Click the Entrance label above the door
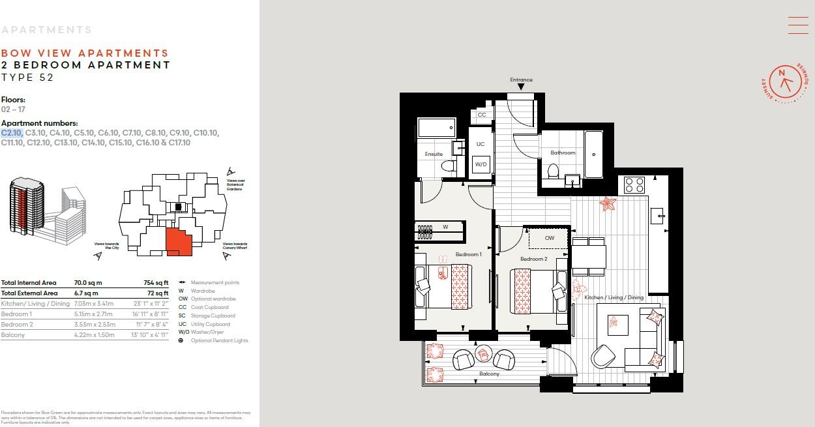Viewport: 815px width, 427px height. coord(521,80)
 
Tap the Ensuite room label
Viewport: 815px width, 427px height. coord(434,154)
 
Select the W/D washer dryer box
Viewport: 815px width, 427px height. coord(481,165)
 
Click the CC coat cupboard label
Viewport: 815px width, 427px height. coord(482,115)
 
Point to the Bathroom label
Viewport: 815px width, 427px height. coord(563,153)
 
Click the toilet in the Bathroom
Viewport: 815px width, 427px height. coord(553,171)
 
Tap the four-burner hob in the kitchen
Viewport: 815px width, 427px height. coord(634,184)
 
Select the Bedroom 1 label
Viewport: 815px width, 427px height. coord(468,254)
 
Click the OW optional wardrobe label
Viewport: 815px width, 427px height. coord(549,238)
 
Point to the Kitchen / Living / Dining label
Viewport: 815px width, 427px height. coord(614,297)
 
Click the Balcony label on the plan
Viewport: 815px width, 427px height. coord(489,374)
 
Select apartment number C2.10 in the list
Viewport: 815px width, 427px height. coord(12,133)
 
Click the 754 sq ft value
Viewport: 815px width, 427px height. coord(156,283)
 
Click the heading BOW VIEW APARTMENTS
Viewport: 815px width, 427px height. coord(85,53)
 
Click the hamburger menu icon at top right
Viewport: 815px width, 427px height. coord(798,25)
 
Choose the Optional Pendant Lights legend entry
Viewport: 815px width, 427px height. coord(219,340)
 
